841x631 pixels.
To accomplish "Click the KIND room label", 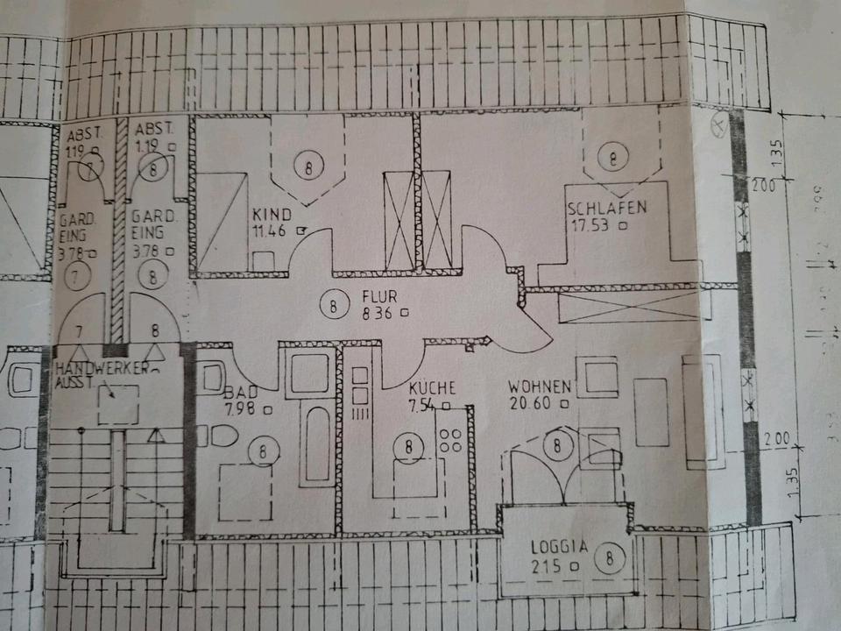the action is click(x=265, y=214).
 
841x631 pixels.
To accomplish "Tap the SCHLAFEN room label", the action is click(x=606, y=209).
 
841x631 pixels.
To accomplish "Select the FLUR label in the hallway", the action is click(x=378, y=296).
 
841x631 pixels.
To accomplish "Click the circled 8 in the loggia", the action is click(x=609, y=556).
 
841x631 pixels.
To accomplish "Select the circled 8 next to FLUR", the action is click(x=333, y=307).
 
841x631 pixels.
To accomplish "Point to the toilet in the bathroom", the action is click(x=222, y=436).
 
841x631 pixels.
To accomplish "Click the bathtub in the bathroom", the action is click(x=316, y=445).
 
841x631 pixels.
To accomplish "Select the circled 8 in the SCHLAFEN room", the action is click(x=612, y=159).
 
